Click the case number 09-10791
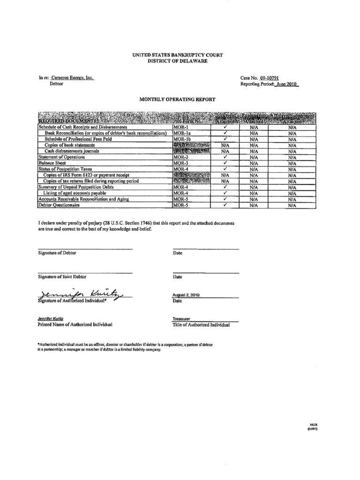tap(270, 78)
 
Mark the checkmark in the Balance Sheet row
tap(225, 163)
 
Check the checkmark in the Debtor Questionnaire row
tap(225, 205)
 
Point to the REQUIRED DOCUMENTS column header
tap(62, 121)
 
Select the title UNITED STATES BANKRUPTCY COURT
tap(177, 55)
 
